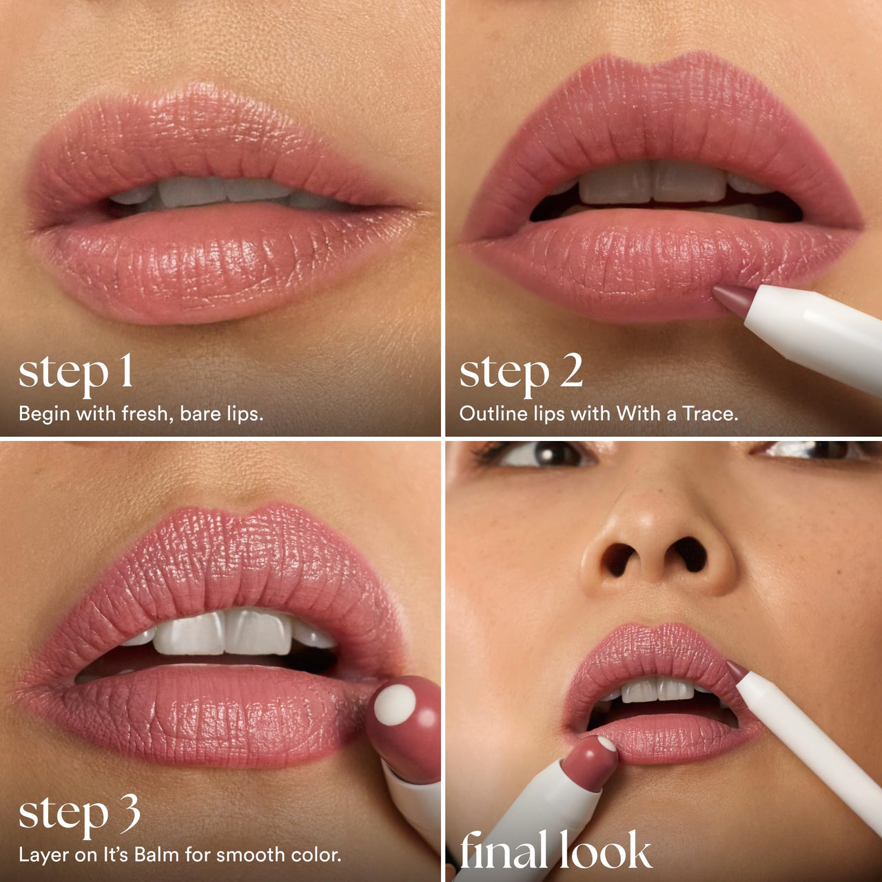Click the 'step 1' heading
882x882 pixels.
[x=76, y=373]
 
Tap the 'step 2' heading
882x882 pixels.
[x=521, y=373]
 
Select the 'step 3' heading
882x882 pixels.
[x=79, y=814]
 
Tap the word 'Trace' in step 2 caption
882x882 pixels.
[x=709, y=413]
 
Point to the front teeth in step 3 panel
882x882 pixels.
[x=224, y=633]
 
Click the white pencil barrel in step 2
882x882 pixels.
[x=813, y=331]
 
